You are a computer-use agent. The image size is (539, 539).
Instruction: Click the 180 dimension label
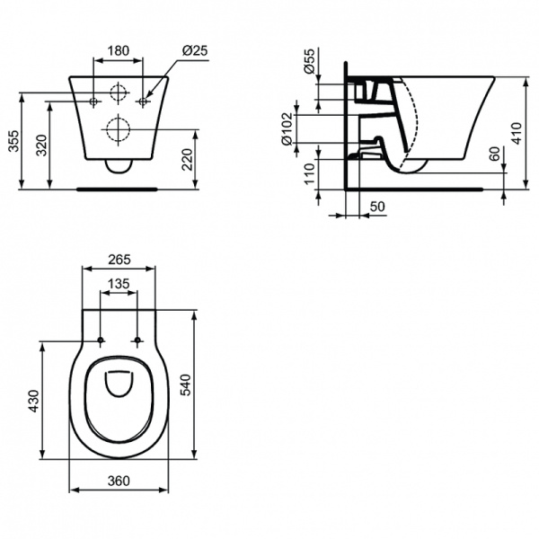point(119,50)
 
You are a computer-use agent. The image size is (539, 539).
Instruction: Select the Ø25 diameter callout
point(195,50)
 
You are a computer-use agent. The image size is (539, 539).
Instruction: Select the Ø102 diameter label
point(287,129)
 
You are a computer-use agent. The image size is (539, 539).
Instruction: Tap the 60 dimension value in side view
point(494,155)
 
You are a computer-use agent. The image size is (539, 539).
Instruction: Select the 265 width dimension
point(119,260)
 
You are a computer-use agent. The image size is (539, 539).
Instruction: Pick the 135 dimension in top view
point(119,284)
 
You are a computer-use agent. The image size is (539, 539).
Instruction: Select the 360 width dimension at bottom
point(119,481)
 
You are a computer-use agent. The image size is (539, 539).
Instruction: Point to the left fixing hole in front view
point(93,102)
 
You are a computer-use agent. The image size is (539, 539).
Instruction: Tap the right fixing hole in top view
point(137,340)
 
